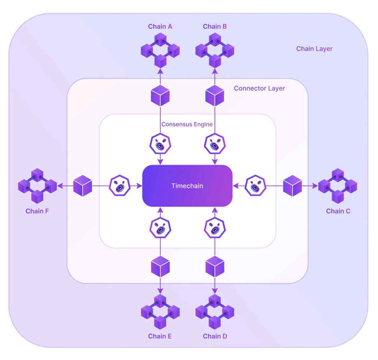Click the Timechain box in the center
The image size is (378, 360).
click(x=187, y=186)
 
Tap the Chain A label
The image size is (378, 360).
click(x=160, y=27)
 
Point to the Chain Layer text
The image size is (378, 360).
click(x=314, y=49)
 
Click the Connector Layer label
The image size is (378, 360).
click(x=259, y=88)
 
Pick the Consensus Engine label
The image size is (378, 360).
click(x=187, y=124)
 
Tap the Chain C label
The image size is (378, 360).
click(x=338, y=211)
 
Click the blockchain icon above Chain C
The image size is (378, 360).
click(x=338, y=186)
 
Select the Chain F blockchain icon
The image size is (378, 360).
click(x=37, y=186)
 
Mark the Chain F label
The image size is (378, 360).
click(x=37, y=211)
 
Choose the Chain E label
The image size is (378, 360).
click(x=160, y=336)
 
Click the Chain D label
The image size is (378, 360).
click(x=215, y=336)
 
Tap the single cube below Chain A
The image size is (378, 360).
click(x=160, y=96)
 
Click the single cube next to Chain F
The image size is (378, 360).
click(x=83, y=186)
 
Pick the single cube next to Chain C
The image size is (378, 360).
click(x=293, y=186)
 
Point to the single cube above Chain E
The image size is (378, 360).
click(x=160, y=266)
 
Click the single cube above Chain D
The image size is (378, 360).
click(x=215, y=266)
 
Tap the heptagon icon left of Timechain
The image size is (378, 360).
click(x=120, y=186)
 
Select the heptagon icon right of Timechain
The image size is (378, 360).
click(x=255, y=186)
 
